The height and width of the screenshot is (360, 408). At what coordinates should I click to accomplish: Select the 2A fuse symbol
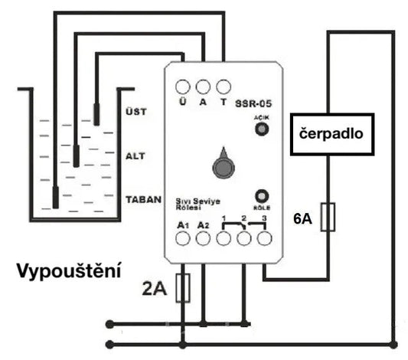coord(183,289)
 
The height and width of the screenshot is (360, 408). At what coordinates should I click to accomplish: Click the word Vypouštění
coord(70,272)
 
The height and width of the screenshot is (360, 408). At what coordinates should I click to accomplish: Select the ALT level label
coord(135,155)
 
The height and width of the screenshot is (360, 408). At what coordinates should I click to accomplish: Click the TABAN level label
coord(142,198)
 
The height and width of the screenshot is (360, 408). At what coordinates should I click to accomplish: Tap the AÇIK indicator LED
coord(261,129)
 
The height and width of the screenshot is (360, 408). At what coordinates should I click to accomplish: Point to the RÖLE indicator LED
coord(261,195)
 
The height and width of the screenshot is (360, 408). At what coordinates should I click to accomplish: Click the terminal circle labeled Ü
coord(183,86)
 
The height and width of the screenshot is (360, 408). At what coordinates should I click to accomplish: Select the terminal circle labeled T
coord(224,86)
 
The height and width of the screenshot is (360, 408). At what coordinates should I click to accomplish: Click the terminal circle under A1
coord(183,238)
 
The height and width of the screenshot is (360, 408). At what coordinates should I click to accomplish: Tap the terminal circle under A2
coord(203,238)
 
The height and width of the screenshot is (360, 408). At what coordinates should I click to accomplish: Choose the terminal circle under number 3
coord(264,238)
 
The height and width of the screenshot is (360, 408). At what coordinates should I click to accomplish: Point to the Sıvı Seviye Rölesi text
coord(198,200)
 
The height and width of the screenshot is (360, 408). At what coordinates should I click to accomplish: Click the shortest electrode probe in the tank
coord(96,114)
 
